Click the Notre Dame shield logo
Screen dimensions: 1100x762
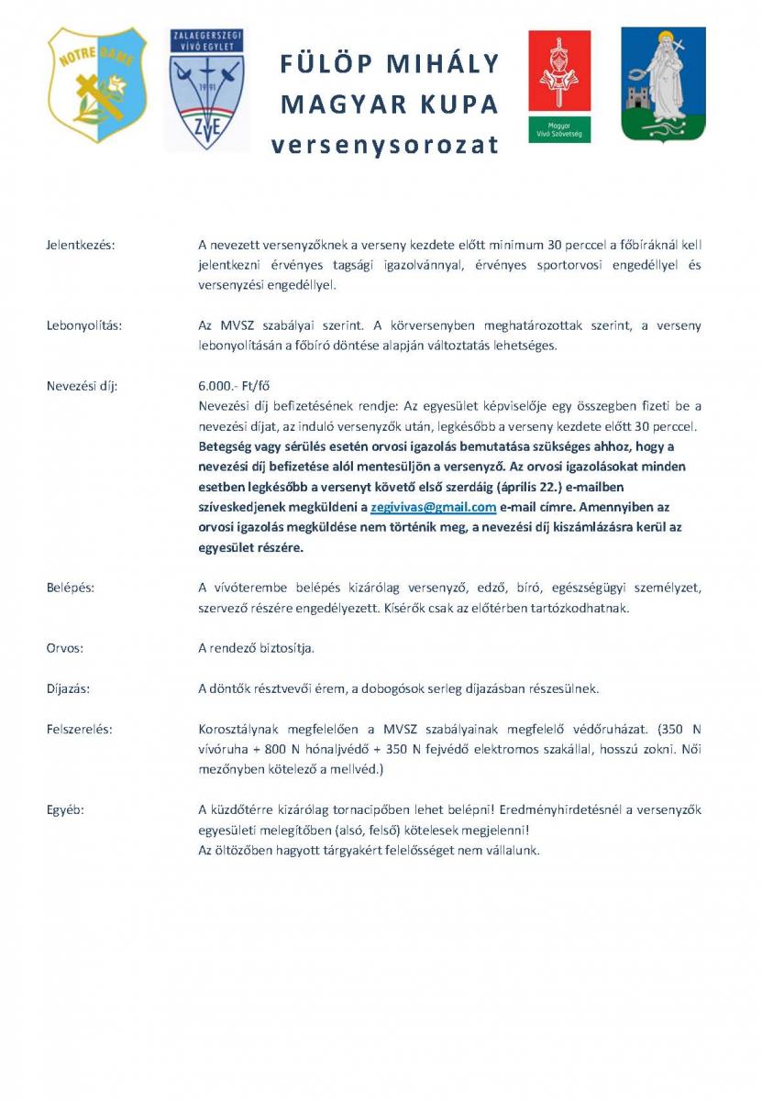point(97,84)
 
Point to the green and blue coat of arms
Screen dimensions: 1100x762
point(663,84)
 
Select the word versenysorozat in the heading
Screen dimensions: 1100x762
point(385,145)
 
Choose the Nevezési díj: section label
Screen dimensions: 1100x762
point(82,386)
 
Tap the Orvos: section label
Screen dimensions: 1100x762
point(65,648)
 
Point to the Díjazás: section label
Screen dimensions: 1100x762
point(69,688)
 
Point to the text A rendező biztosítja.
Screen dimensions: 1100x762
point(256,648)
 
